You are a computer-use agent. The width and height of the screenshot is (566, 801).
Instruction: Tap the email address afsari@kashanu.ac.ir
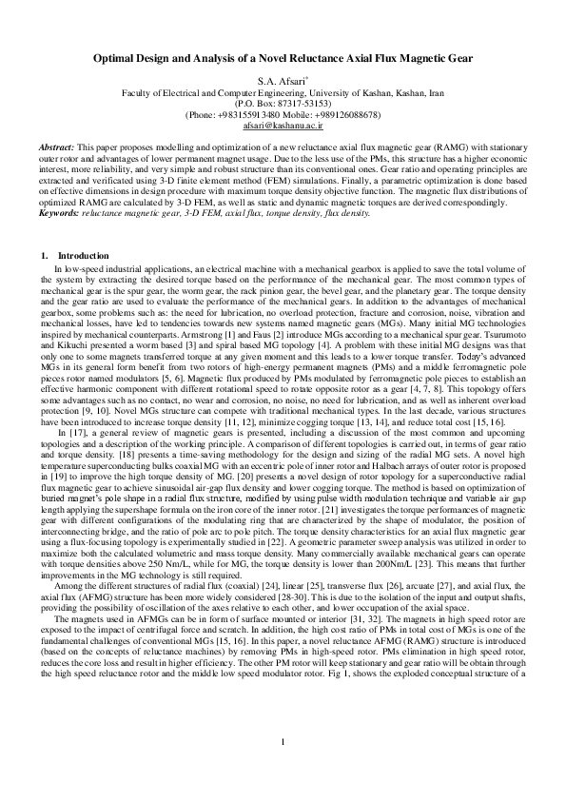[283, 125]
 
